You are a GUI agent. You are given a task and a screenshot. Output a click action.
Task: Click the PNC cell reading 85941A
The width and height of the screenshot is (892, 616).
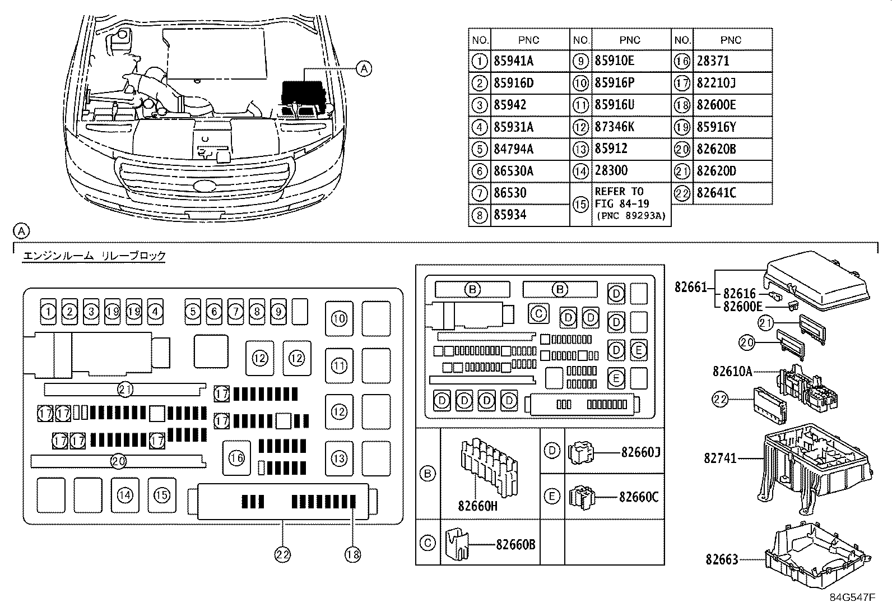[513, 61]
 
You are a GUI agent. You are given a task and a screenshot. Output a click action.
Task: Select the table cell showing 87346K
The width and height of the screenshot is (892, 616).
[614, 127]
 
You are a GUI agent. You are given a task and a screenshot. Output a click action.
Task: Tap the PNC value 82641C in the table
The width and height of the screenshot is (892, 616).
[716, 193]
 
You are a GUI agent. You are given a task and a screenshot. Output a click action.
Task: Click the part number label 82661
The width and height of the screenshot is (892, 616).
[690, 288]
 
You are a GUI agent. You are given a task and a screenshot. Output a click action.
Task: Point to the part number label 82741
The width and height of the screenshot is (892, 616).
[720, 458]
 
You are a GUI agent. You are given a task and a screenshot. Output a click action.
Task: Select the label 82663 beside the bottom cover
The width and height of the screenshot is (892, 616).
[722, 559]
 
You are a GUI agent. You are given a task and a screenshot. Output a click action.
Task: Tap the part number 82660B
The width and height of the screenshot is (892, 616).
[515, 544]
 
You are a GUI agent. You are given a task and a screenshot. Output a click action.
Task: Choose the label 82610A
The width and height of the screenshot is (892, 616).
[732, 371]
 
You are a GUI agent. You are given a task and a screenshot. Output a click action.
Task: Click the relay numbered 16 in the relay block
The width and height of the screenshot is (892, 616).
[237, 458]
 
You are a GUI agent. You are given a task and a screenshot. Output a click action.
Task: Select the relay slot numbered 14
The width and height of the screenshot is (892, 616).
[125, 495]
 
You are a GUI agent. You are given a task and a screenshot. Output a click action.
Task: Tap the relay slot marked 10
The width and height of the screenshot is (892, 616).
[339, 319]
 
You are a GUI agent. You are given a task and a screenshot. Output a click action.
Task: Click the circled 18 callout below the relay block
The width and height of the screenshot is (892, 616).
[352, 554]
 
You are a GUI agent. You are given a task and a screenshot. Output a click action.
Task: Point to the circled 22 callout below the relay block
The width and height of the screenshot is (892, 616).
[282, 554]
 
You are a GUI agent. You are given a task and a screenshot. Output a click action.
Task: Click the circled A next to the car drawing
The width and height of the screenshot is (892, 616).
[364, 69]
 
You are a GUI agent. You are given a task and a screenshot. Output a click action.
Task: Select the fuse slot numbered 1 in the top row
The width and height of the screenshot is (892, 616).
[49, 312]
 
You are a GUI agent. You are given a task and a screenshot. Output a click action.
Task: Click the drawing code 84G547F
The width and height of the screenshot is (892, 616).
[852, 597]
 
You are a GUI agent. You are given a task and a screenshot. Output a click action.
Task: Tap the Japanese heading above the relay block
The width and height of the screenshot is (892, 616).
[94, 256]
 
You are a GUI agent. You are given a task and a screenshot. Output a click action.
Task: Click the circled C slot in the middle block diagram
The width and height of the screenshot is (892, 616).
[538, 313]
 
